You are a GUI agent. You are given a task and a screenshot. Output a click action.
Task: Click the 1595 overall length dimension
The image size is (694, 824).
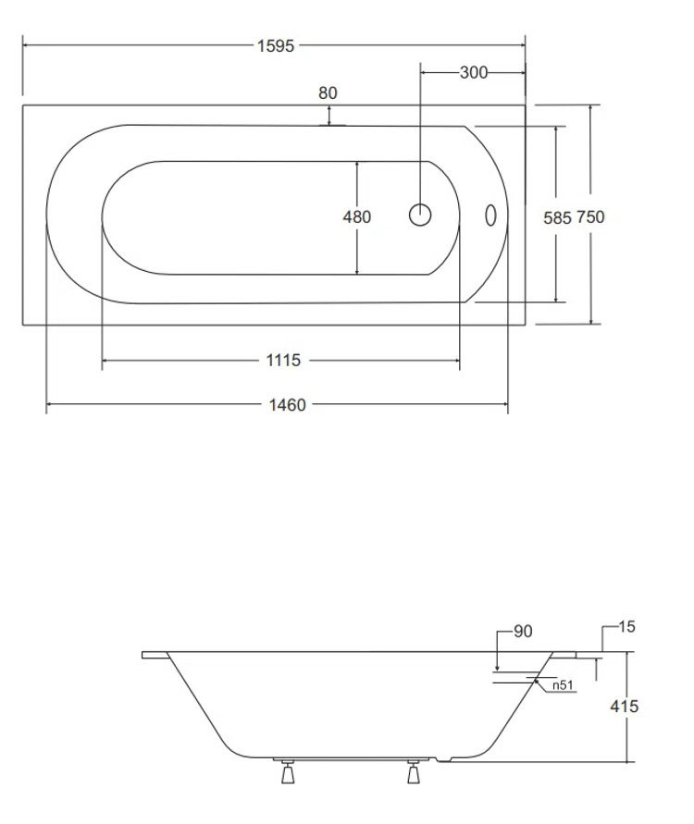tap(275, 45)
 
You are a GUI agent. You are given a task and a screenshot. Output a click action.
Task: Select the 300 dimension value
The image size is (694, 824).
tap(473, 73)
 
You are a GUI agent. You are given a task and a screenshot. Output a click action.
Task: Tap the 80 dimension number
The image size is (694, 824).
tap(328, 92)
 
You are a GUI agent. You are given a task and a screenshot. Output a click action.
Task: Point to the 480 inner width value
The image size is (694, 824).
tap(356, 217)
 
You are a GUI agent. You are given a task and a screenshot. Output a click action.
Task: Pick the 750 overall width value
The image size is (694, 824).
tap(590, 217)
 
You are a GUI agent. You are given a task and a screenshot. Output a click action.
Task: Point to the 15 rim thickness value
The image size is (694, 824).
tap(627, 627)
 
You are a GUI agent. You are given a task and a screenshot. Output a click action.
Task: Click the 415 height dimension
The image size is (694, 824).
tap(626, 707)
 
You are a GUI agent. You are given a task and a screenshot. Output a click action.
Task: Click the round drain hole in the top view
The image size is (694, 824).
tap(420, 215)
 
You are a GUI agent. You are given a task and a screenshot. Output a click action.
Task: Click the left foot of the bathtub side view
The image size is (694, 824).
tap(286, 771)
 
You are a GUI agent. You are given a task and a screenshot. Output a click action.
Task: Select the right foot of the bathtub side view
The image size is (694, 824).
tap(413, 771)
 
